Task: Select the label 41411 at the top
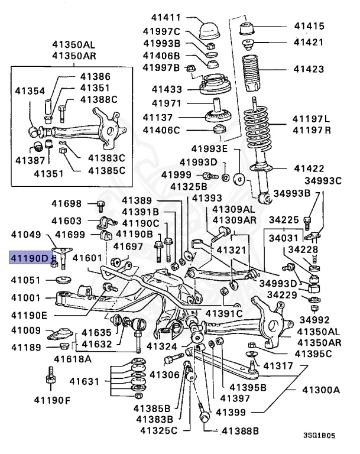(x=168, y=19)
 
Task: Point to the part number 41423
(x=309, y=69)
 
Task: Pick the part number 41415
(x=309, y=26)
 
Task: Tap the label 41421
(x=309, y=42)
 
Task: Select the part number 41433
(x=167, y=89)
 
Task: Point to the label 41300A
(x=321, y=390)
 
